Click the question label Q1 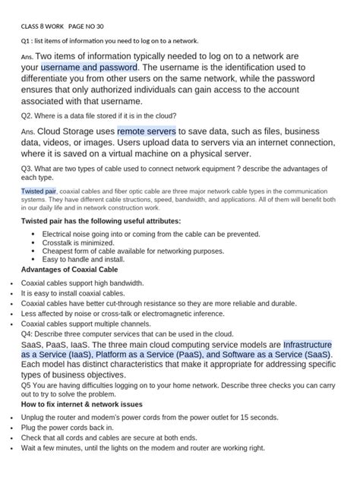point(27,40)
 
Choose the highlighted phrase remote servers point(147,131)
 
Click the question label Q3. point(27,167)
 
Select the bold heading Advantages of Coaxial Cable point(69,269)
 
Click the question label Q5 point(27,385)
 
